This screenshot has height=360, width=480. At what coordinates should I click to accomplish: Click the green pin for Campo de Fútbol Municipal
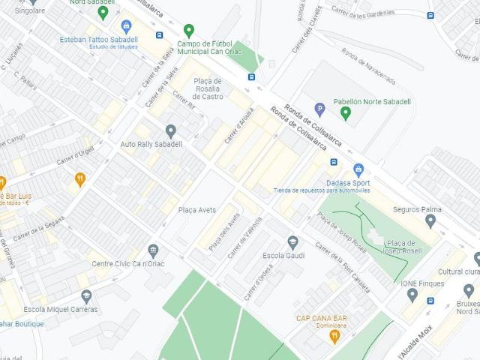tap(189, 30)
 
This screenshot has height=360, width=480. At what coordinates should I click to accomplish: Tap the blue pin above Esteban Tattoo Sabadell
tap(125, 26)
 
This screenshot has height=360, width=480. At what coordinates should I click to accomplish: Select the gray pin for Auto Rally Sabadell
tap(170, 131)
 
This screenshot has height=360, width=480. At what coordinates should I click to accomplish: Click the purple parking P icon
tap(319, 109)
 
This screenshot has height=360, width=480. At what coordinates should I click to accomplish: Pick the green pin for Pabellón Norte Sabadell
tap(346, 113)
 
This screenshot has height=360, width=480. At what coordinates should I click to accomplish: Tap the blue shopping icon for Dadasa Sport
tap(358, 169)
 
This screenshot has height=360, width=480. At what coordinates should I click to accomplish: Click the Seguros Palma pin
tap(430, 220)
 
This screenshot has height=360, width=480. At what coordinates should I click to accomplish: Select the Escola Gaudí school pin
tap(293, 242)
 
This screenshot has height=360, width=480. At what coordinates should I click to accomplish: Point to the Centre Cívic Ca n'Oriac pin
tap(154, 250)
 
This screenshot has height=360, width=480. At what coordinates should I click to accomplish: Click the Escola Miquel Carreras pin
tap(86, 296)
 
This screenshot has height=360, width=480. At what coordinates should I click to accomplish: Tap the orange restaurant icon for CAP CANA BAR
tap(334, 337)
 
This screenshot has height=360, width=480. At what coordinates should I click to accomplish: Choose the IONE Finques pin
tap(412, 294)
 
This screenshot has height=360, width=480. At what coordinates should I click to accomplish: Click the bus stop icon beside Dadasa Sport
tap(333, 162)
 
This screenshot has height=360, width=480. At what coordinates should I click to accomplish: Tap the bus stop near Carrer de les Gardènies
tap(430, 15)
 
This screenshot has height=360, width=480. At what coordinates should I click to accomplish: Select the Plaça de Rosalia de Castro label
tap(207, 88)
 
